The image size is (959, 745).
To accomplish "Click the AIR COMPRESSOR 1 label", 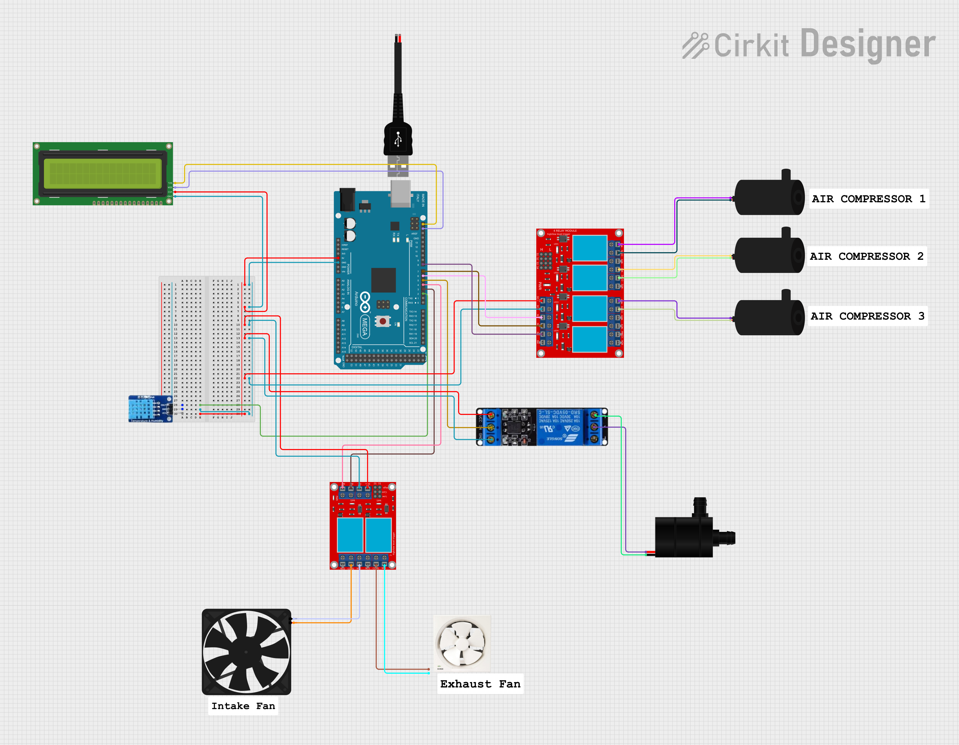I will click(868, 199).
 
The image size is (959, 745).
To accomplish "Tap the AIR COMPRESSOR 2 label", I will click(866, 256).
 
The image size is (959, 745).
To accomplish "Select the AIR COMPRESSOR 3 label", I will click(867, 316).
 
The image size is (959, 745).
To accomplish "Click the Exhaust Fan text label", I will click(480, 684).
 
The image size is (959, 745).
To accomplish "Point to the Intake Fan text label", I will click(243, 706).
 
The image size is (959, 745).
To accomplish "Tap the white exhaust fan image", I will click(462, 643).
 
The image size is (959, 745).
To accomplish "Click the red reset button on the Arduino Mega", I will click(383, 321).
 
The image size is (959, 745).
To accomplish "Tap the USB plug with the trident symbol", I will click(398, 140).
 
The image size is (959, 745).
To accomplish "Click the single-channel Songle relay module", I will click(542, 427).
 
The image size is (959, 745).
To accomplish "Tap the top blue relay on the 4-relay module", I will click(590, 248).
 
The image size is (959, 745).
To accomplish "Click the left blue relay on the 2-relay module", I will click(350, 535).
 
